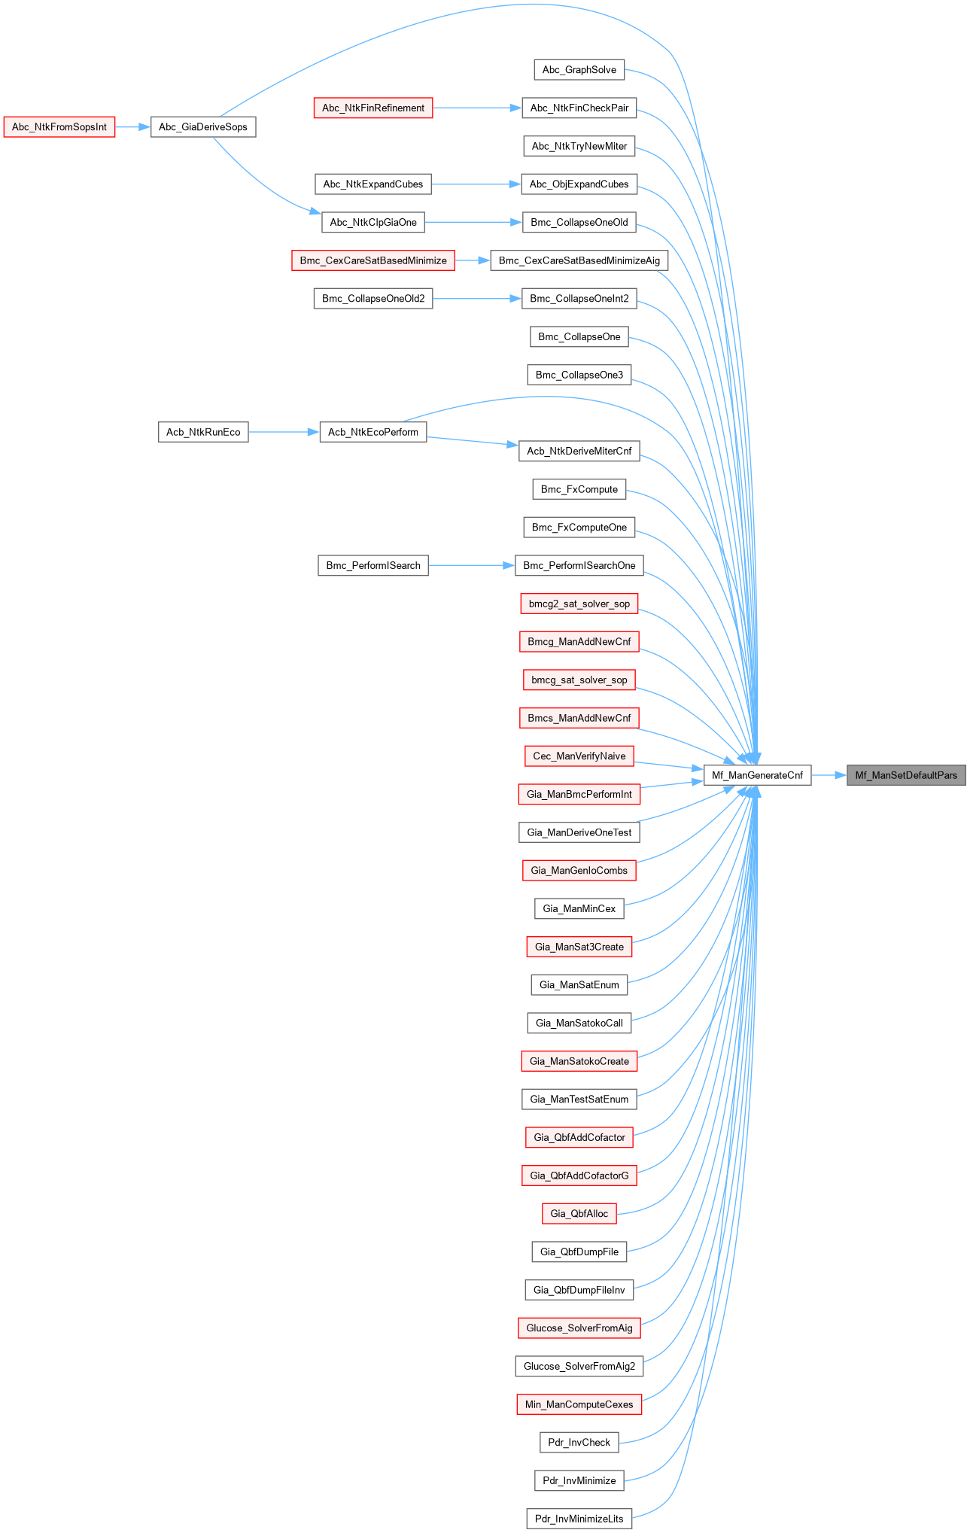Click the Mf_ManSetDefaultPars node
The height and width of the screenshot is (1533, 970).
point(906,775)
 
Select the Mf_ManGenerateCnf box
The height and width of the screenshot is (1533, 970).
point(757,775)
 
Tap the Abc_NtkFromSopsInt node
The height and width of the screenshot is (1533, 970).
point(59,126)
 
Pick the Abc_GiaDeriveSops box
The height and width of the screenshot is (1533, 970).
point(203,126)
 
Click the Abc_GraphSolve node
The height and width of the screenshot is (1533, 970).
point(579,70)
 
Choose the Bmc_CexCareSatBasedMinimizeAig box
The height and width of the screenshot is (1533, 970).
point(579,260)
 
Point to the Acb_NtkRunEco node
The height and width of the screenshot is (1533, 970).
point(203,432)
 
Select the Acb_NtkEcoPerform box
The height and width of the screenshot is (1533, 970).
point(373,432)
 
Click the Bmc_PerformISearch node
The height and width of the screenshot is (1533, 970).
point(373,565)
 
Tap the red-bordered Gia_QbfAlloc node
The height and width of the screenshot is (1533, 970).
point(579,1213)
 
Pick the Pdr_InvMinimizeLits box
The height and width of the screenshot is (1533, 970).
point(579,1519)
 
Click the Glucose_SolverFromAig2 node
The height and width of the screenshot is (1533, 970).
point(579,1366)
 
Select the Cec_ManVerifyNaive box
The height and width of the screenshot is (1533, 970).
point(579,756)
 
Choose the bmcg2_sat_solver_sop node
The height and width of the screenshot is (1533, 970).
point(579,604)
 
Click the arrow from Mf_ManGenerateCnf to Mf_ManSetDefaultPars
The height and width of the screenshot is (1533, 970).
point(829,775)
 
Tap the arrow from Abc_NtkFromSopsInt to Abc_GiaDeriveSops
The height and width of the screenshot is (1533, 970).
point(133,127)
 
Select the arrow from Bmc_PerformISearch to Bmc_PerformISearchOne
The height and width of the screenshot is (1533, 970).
point(471,565)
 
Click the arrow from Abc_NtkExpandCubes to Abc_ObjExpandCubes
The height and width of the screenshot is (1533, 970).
point(476,184)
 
